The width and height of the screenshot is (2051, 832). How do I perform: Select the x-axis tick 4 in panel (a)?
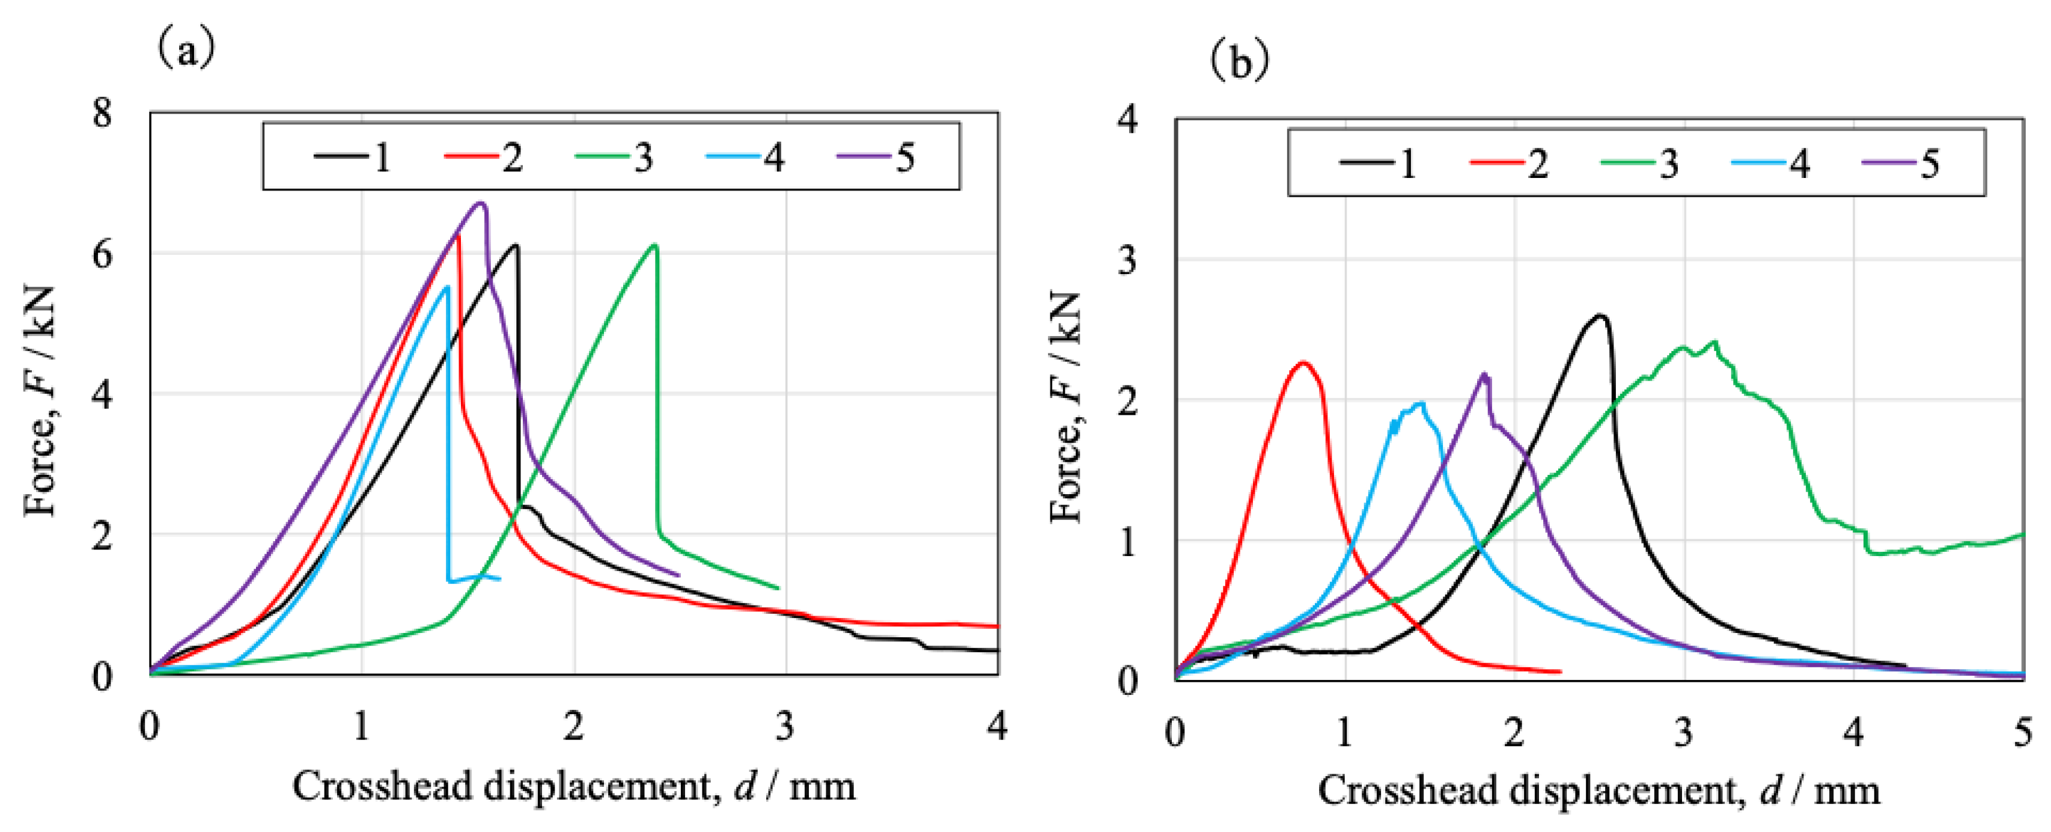(997, 726)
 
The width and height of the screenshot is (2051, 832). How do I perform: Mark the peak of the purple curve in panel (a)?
(480, 203)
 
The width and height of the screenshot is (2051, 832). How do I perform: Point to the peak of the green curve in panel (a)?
(654, 245)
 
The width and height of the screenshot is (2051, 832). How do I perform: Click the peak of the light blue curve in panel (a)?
(446, 287)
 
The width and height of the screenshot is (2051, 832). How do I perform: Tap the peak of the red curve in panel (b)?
(1303, 363)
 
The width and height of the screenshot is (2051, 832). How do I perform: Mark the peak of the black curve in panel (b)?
(1597, 316)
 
